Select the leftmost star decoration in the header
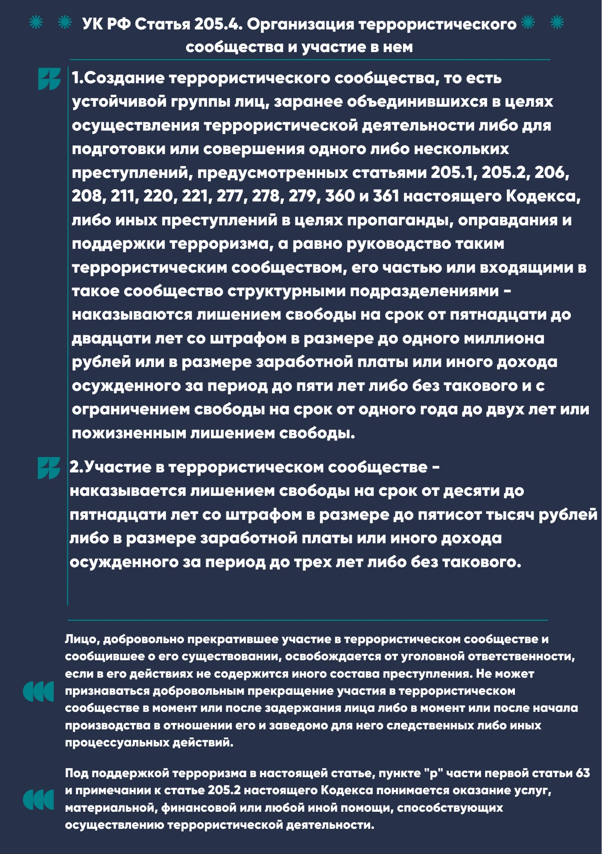tap(36, 22)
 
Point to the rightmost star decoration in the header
tap(557, 22)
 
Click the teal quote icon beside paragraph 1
tap(49, 79)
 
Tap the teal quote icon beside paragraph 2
tap(49, 468)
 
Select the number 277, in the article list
tap(232, 196)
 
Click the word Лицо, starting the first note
tap(82, 640)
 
